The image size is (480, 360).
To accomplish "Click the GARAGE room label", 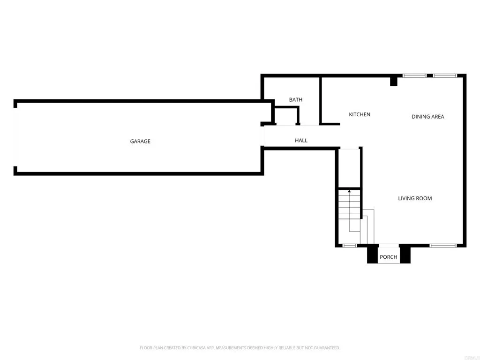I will coord(140,141).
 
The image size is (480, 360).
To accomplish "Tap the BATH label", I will coord(296,100).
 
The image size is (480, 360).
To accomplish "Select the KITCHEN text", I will coord(360,114).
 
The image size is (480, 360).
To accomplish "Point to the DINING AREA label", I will coord(427,117).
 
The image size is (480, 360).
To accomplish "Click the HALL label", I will coord(301,141).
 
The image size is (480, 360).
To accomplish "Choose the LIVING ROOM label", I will coord(415,198).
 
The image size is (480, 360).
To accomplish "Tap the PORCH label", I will coord(388,257).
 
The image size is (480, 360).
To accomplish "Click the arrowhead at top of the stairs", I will coord(349,191).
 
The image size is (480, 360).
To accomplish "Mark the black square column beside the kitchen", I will coord(394,82).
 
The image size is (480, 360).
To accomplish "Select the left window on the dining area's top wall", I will coord(414,75).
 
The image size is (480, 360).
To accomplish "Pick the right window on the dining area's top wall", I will coord(444,75).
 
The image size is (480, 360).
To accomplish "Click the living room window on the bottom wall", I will coord(443,245).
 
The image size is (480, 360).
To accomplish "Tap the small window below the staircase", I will coord(349,245).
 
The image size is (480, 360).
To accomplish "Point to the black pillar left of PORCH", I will coord(372,255).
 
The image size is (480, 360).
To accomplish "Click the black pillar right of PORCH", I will coord(405,255).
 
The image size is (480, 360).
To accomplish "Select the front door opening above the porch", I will coord(389,245).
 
